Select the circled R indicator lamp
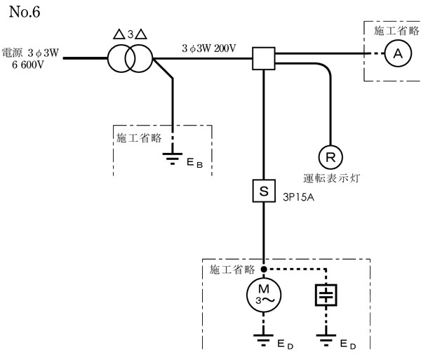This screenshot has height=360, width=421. tap(329, 154)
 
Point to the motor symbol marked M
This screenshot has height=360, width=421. tap(263, 295)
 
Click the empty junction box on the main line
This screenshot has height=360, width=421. tap(263, 58)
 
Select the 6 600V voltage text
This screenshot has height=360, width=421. tap(32, 63)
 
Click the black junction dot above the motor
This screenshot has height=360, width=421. tap(263, 269)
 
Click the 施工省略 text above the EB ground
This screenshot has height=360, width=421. tap(139, 136)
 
